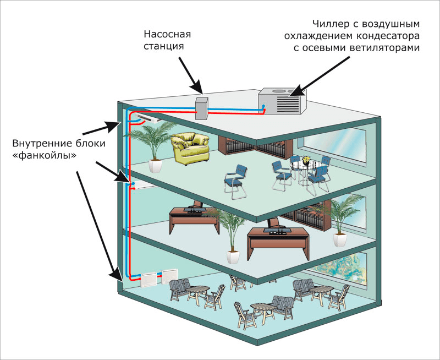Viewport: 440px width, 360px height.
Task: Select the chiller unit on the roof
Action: pyautogui.click(x=282, y=101)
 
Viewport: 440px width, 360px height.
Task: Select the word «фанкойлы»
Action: pyautogui.click(x=45, y=156)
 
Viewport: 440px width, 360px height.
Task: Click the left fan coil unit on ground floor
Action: pyautogui.click(x=150, y=280)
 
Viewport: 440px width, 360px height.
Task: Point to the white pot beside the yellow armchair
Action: pyautogui.click(x=155, y=166)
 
